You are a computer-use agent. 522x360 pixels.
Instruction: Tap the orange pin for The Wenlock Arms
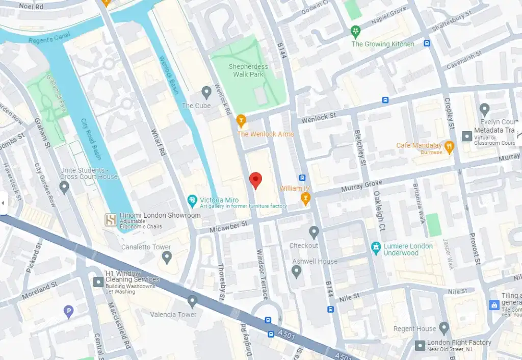241,121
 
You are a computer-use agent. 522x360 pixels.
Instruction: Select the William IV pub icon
306,199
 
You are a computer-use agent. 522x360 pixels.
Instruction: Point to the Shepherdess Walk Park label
248,70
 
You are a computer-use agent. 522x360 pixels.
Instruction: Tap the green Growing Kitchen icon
355,32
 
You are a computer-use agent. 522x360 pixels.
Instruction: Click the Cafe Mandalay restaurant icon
449,147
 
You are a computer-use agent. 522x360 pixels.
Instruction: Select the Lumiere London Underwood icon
376,247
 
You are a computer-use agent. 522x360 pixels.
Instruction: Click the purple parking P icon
69,312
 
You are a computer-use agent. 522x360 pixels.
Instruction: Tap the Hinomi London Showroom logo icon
111,220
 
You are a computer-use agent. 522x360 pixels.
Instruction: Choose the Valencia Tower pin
192,301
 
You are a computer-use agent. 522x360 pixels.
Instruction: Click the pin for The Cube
206,92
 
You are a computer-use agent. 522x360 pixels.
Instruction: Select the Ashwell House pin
297,271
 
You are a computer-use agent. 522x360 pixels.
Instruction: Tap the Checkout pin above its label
314,233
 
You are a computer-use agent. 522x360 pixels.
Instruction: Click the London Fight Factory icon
420,345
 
